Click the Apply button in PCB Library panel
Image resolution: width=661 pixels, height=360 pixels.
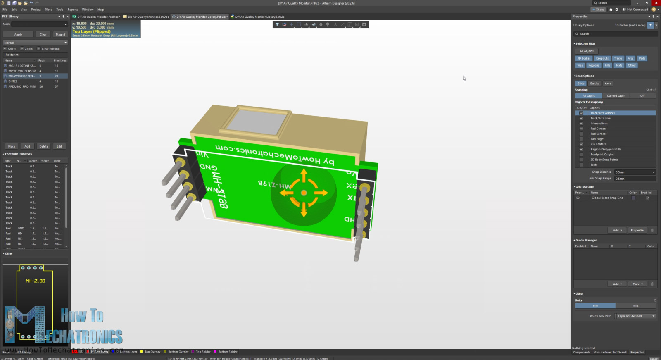tap(18, 35)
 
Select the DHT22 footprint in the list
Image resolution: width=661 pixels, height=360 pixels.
tap(13, 81)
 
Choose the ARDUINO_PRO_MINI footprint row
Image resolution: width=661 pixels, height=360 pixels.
tap(22, 86)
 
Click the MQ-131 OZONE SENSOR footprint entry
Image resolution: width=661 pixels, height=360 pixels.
tap(22, 66)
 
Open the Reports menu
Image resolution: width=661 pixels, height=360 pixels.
tap(73, 10)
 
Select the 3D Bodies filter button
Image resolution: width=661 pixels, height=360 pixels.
tap(584, 58)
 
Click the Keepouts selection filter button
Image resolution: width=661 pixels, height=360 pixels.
tap(602, 58)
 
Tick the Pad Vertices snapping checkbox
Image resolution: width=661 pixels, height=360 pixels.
tap(581, 134)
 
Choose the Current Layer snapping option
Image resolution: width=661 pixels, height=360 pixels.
tap(616, 96)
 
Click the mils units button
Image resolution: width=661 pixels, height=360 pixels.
tap(635, 306)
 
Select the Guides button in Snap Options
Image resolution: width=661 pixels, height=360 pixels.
tap(594, 83)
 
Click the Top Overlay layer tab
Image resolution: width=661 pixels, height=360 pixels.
tap(152, 352)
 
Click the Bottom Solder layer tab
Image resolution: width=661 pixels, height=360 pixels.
tap(228, 352)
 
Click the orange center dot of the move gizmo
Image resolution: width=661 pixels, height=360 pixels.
tap(304, 193)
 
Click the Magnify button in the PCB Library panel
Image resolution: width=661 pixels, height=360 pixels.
tap(60, 35)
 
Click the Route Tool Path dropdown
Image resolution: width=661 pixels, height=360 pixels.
tap(635, 316)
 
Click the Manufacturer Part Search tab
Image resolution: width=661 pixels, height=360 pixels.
tap(610, 352)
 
